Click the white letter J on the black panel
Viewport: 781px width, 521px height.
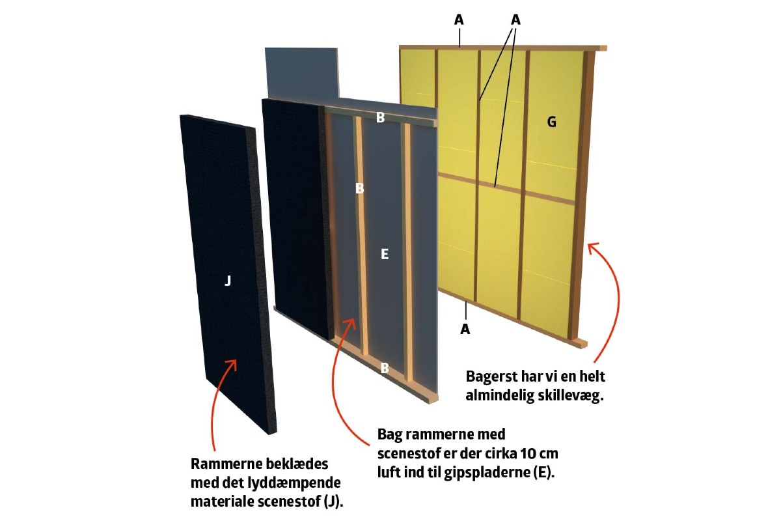[227, 281]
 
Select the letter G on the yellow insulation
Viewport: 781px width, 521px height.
[551, 122]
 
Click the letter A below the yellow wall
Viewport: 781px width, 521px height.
[465, 330]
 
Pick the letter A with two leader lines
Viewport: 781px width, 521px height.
[515, 20]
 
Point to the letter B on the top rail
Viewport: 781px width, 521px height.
[381, 118]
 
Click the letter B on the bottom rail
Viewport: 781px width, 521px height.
[385, 368]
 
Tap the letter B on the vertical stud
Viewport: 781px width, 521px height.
[359, 188]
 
